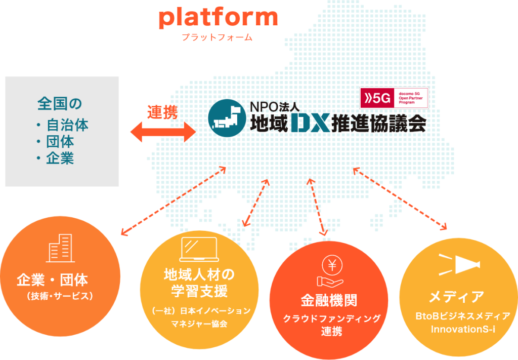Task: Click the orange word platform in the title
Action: tap(218, 19)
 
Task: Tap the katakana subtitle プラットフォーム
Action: tap(217, 37)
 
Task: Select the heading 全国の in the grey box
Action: tap(60, 103)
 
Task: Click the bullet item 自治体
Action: tap(67, 125)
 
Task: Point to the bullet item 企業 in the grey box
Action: tap(60, 158)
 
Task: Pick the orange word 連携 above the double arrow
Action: tap(162, 112)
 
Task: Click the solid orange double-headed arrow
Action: tap(163, 132)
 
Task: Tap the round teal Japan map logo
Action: tap(227, 118)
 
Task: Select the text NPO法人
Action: tap(275, 107)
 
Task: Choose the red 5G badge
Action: tap(377, 98)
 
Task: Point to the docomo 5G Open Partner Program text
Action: tap(411, 98)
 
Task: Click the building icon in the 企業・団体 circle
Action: tap(60, 248)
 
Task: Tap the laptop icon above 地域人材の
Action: tap(199, 250)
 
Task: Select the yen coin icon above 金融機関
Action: tap(332, 265)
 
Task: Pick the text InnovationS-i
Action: tap(463, 329)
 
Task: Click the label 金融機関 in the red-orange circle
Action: tap(329, 300)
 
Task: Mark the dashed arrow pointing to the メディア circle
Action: tap(400, 198)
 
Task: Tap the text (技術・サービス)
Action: tap(60, 296)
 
